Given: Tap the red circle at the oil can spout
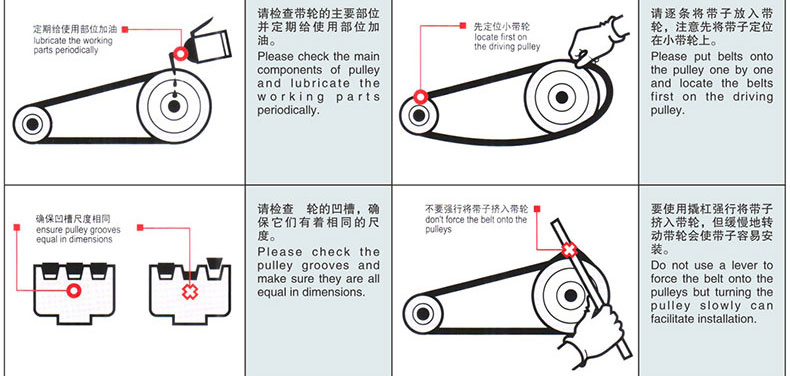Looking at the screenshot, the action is pyautogui.click(x=180, y=53).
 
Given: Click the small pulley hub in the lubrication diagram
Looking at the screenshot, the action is pyautogui.click(x=32, y=124).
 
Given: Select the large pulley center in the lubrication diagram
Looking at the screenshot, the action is pyautogui.click(x=174, y=106).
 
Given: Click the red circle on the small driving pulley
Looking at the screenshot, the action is pyautogui.click(x=420, y=97).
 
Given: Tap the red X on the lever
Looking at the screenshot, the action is pyautogui.click(x=569, y=249).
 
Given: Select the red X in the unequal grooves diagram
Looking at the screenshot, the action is pyautogui.click(x=190, y=291).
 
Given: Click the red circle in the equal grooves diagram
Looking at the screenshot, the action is pyautogui.click(x=74, y=290).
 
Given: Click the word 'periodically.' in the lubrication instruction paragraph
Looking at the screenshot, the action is pyautogui.click(x=289, y=110).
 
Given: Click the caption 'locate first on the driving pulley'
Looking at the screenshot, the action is pyautogui.click(x=507, y=42).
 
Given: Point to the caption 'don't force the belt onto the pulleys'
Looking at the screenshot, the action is pyautogui.click(x=476, y=224).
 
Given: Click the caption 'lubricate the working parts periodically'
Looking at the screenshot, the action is pyautogui.click(x=73, y=45).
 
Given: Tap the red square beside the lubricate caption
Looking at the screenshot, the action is pyautogui.click(x=125, y=30).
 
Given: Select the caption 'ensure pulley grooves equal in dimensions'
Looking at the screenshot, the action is pyautogui.click(x=78, y=234).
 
